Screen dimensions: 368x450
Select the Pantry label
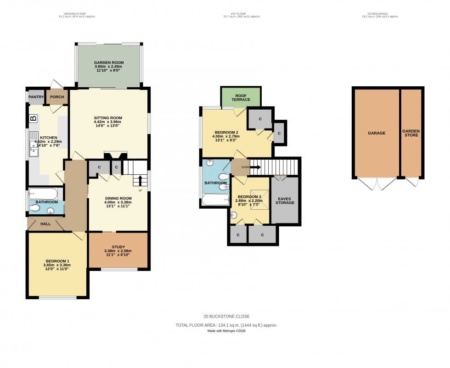[35, 97]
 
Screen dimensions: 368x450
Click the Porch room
[57, 97]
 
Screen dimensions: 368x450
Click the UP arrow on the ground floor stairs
[140, 180]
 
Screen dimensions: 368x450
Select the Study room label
[118, 247]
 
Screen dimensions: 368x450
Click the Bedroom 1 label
[57, 261]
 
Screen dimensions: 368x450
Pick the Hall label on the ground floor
[45, 224]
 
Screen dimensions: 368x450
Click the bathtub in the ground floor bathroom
[43, 194]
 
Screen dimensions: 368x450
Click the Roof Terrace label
[241, 97]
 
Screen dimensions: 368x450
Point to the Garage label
[376, 133]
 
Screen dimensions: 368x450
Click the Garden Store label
[411, 133]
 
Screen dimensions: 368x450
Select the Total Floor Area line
[226, 325]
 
